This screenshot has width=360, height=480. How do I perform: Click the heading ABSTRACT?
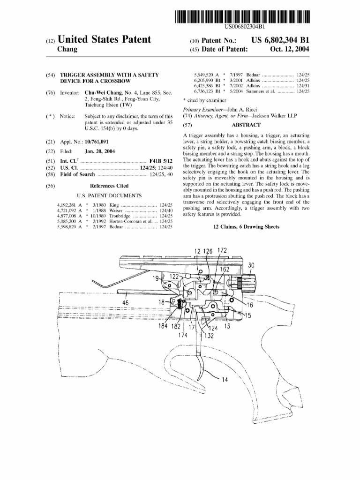point(246,126)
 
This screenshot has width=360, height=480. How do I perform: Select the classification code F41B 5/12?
point(161,161)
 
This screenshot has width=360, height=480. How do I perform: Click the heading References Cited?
point(109,186)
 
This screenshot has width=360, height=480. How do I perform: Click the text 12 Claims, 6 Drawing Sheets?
point(246,227)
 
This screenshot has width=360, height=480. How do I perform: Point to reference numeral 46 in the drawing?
point(125,303)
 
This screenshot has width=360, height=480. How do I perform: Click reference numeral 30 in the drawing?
point(252,266)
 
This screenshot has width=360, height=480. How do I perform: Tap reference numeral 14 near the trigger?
point(225,380)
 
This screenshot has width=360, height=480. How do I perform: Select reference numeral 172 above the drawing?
point(222,251)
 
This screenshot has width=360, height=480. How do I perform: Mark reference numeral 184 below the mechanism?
point(163,326)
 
